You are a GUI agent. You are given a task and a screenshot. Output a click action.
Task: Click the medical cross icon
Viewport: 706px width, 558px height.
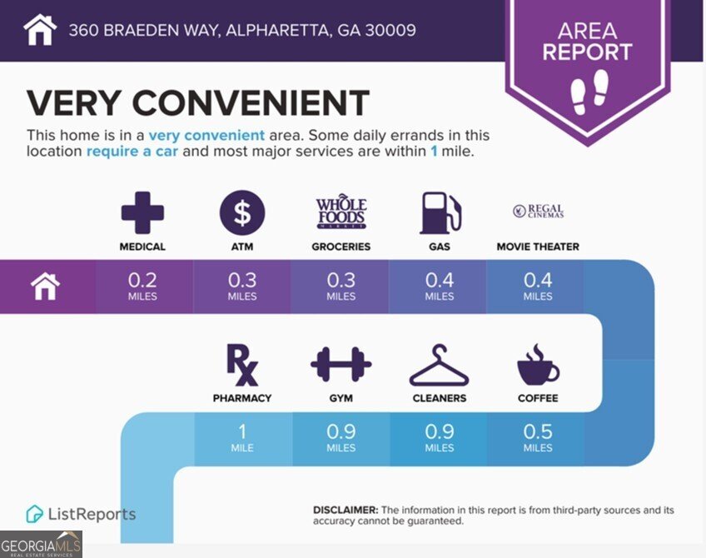(142, 213)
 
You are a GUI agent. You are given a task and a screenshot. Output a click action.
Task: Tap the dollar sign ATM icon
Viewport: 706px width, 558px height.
(241, 213)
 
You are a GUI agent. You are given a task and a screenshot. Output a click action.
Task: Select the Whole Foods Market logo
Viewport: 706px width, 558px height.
(341, 214)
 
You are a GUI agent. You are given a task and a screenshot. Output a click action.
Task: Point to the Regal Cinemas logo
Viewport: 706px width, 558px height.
(538, 212)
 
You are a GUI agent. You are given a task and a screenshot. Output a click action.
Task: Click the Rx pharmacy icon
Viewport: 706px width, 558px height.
(241, 364)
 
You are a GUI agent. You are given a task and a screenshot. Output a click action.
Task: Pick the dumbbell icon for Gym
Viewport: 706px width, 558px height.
(341, 365)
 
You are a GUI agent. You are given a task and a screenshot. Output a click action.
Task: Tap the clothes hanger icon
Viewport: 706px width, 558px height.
(439, 365)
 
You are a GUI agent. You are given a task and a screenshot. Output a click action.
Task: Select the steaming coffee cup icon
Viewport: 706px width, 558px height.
(538, 364)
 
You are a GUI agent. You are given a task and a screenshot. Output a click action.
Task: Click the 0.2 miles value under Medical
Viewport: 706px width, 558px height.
(142, 286)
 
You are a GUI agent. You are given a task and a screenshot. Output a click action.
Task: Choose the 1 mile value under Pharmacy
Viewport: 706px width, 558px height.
(241, 437)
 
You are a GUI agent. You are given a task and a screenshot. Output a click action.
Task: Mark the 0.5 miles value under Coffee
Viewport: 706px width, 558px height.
(538, 437)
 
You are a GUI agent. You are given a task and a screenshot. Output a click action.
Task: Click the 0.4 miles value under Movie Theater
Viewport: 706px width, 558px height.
(538, 286)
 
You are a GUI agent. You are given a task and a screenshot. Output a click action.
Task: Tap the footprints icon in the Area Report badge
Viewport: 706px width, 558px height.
(589, 92)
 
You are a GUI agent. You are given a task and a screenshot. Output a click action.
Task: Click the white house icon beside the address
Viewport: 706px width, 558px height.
(40, 31)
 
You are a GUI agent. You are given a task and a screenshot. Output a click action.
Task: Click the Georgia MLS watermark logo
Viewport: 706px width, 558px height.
(41, 544)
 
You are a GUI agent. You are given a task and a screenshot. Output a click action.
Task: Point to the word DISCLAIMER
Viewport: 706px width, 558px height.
(346, 509)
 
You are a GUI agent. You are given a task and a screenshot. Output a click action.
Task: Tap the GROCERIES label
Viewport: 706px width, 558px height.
(341, 247)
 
